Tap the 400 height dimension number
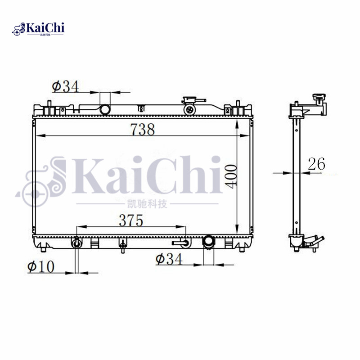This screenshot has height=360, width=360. [231, 175]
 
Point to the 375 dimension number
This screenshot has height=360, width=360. [130, 220]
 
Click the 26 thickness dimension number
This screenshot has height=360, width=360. [316, 164]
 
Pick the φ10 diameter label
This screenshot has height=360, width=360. [40, 266]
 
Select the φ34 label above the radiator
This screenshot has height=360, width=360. [65, 86]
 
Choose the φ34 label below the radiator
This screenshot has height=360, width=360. [169, 259]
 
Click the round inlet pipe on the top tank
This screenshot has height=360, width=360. [105, 109]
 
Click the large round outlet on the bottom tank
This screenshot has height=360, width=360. [208, 242]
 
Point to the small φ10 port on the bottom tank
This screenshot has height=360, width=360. [77, 243]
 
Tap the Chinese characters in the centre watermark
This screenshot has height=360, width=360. [147, 205]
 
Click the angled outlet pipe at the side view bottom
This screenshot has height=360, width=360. [315, 243]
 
